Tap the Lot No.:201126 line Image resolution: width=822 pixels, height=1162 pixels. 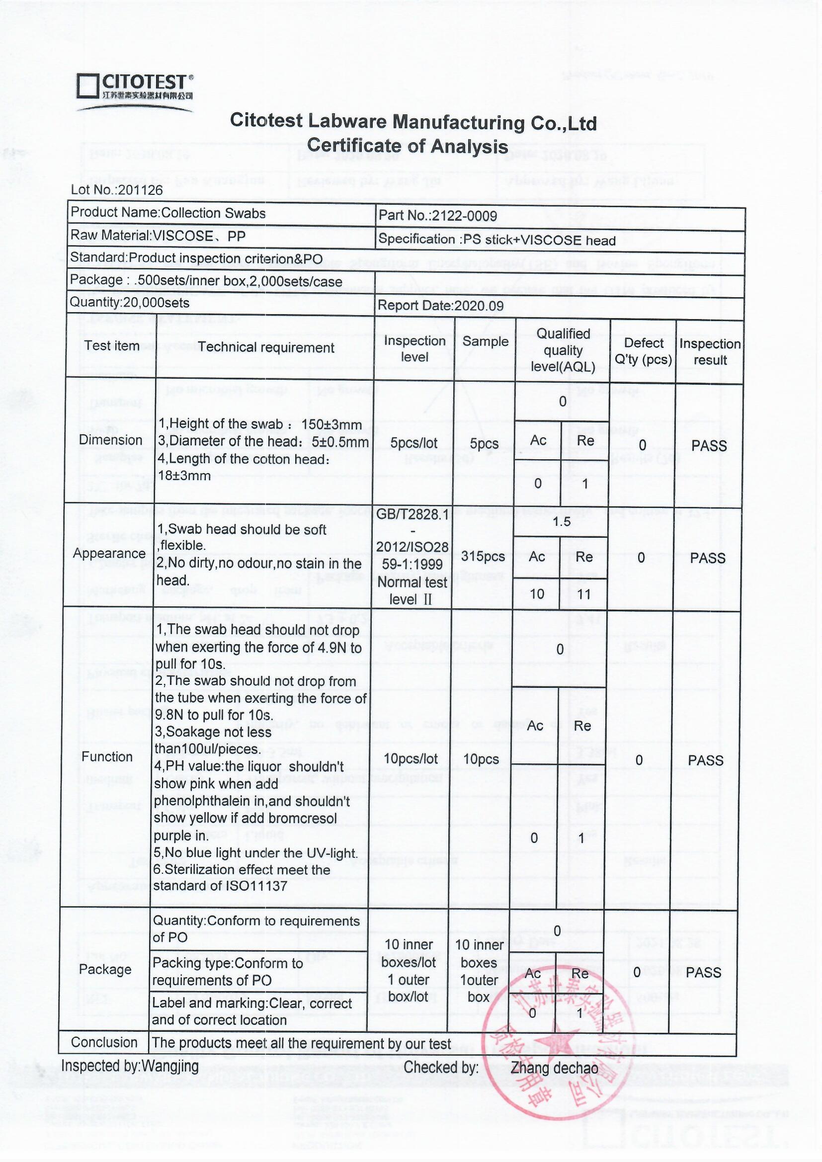[117, 190]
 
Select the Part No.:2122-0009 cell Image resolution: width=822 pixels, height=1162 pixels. [438, 216]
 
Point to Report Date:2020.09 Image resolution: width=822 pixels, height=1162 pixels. [440, 306]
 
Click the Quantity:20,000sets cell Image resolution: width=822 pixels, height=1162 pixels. [130, 303]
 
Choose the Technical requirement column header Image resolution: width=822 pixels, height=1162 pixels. [266, 348]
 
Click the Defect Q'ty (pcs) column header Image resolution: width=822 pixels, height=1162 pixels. [643, 351]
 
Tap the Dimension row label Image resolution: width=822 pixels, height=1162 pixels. [110, 440]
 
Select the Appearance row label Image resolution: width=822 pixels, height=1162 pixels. [109, 553]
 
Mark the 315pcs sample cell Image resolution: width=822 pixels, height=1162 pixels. [484, 557]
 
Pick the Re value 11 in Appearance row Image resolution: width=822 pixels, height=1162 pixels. [583, 594]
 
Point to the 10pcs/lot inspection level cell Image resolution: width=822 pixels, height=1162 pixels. [411, 758]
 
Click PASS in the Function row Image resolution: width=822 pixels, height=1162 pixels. [706, 760]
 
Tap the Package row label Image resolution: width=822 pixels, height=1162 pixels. [105, 969]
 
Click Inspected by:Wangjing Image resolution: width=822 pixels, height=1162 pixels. [130, 1066]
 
